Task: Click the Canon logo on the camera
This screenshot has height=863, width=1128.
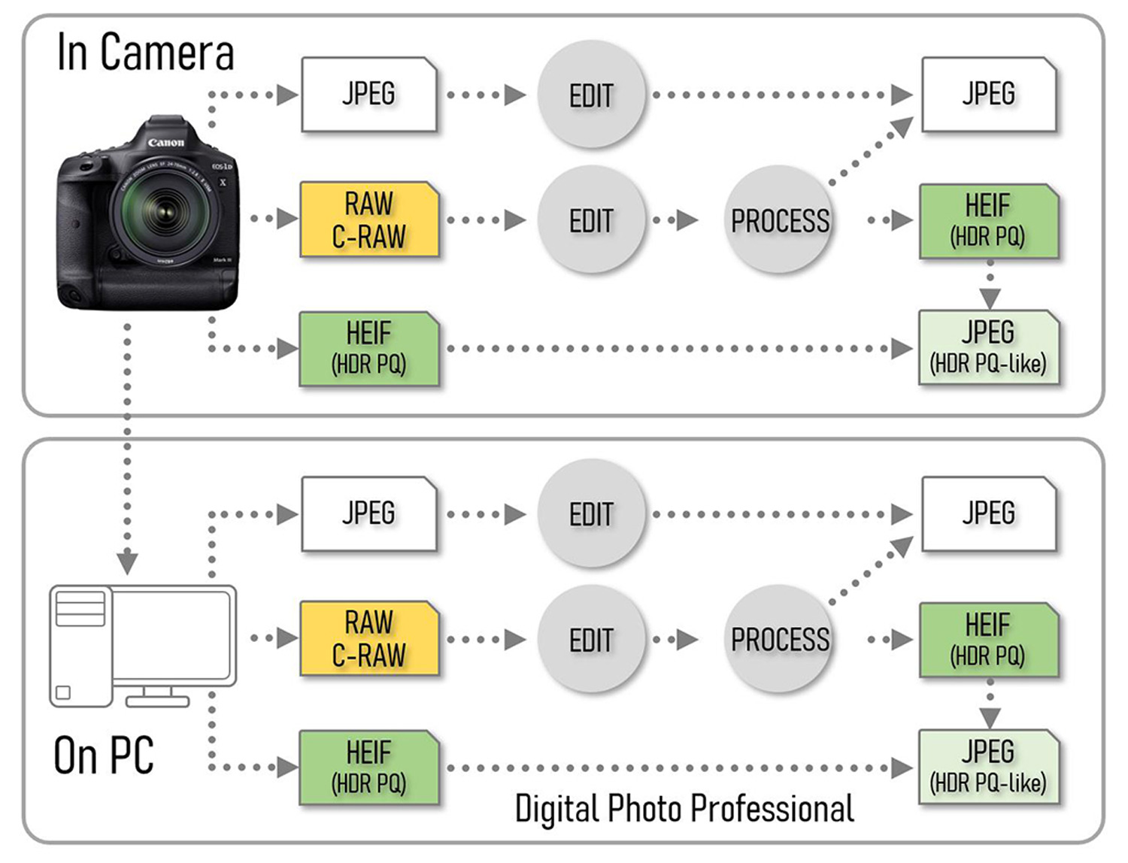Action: pos(165,142)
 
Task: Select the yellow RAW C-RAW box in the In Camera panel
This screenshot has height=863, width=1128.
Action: pos(368,220)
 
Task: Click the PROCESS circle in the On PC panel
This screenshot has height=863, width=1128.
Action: pos(780,640)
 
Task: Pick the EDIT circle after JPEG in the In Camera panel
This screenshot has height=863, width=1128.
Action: pos(591,95)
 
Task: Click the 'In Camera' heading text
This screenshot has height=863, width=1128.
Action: pos(145,53)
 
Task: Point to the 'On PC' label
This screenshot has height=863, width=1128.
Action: pos(104,756)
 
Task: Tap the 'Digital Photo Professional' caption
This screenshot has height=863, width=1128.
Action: pos(684,809)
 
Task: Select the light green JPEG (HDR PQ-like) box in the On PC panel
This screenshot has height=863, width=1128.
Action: pos(988,767)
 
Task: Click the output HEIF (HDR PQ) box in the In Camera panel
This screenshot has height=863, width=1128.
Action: pos(988,221)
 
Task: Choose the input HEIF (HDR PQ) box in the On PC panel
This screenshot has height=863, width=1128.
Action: pos(368,767)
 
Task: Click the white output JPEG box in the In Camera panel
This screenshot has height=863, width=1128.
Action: pos(988,95)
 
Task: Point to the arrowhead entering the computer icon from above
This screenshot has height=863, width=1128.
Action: pos(128,562)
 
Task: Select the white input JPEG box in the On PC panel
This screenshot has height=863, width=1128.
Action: pos(368,514)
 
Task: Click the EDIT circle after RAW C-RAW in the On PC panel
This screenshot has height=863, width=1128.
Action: pos(591,640)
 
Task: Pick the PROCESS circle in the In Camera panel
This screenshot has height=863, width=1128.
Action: pos(780,220)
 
